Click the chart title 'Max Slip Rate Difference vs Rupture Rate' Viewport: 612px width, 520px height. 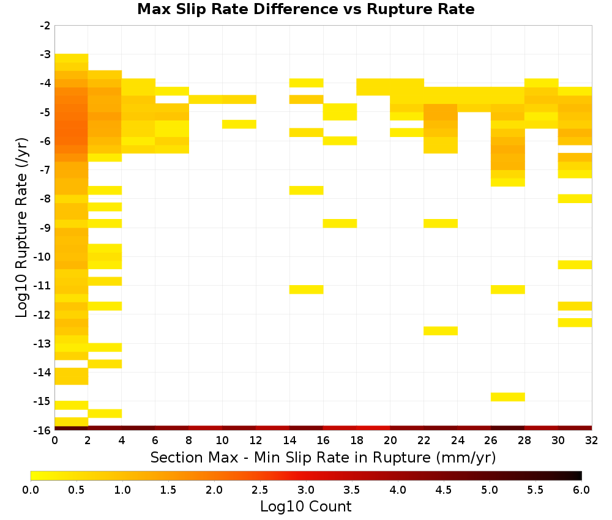pos(305,9)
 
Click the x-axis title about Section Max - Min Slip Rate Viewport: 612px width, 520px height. pos(323,457)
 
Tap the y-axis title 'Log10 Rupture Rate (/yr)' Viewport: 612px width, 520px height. pos(21,228)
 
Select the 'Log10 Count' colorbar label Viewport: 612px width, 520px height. pos(305,507)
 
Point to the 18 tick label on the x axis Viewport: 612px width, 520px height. pos(356,440)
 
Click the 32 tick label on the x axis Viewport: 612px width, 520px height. pos(592,440)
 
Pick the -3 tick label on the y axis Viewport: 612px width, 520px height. pos(45,54)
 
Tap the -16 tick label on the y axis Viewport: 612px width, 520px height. pos(43,430)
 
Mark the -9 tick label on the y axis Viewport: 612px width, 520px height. pos(45,228)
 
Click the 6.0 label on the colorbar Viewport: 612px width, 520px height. pos(581,490)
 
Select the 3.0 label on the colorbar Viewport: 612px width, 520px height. pos(305,490)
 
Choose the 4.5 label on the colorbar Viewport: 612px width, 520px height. pos(443,490)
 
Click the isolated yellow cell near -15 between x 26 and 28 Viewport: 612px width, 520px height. pos(508,396)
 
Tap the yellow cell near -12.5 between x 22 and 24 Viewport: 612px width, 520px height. pos(441,331)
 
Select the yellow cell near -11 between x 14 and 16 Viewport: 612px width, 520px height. pos(307,289)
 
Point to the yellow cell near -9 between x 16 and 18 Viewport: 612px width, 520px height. pos(340,223)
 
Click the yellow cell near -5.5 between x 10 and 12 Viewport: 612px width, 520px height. pos(239,124)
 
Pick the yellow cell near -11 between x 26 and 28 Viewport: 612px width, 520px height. pos(508,289)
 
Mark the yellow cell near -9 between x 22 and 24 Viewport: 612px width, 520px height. pos(441,223)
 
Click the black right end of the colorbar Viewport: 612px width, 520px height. pos(579,475)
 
